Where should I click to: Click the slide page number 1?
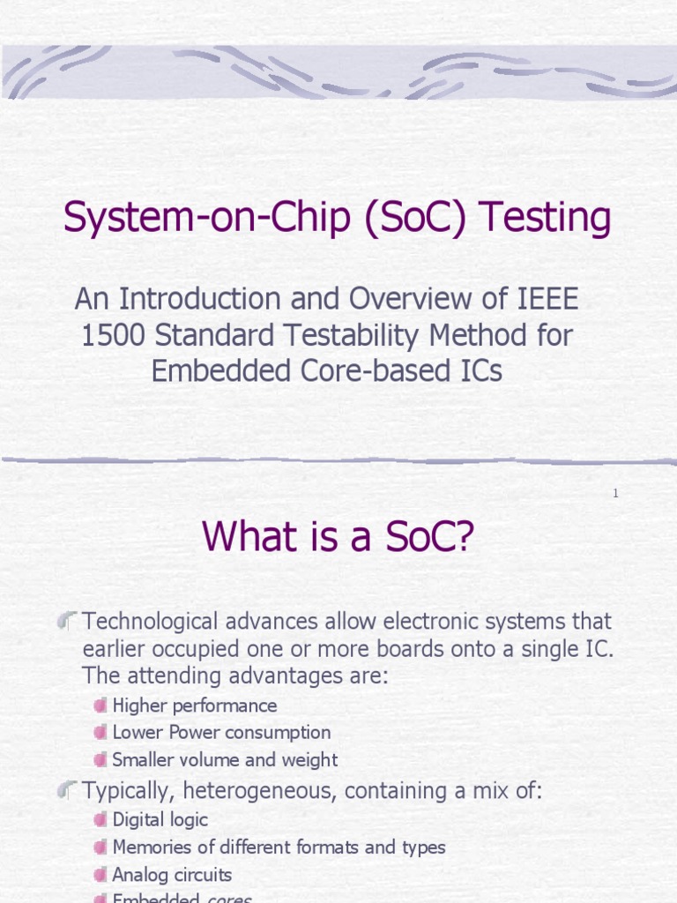point(615,494)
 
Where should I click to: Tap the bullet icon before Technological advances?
point(68,622)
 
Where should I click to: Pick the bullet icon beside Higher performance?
point(100,705)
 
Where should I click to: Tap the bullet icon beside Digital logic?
point(100,820)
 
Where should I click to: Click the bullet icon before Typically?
point(68,791)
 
